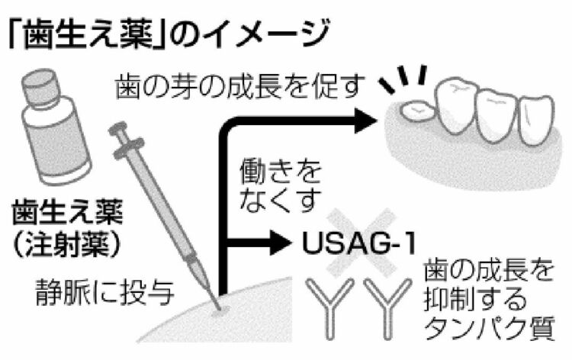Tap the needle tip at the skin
pos(219,308)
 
